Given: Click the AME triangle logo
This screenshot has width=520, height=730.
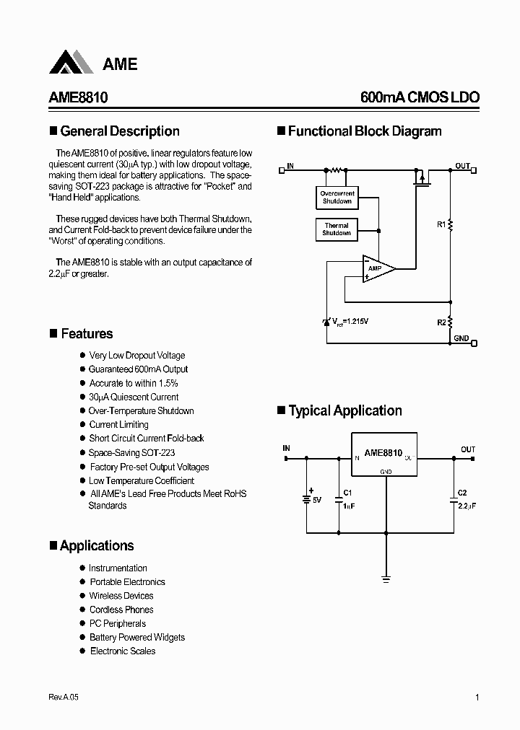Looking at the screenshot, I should point(71,63).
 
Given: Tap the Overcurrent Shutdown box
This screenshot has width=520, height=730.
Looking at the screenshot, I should point(337,198).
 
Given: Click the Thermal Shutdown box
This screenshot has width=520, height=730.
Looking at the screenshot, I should point(337,229).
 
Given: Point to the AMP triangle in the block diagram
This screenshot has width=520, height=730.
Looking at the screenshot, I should point(378,268).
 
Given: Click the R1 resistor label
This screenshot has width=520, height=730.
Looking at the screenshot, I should point(441,225).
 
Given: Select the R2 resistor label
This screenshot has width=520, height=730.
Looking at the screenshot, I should point(441,322).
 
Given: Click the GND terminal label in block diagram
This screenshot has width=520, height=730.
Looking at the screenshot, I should point(461,338).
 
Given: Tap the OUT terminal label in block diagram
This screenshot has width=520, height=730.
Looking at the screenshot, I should point(462,166).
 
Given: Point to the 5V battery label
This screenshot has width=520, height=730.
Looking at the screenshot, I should point(317,499).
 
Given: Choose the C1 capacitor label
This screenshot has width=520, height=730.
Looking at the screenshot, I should point(347,493).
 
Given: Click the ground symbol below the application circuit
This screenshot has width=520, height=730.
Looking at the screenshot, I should point(386,579).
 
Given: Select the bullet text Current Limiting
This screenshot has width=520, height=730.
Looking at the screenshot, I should point(118,425).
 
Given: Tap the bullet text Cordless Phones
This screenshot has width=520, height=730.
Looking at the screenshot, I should point(121,610).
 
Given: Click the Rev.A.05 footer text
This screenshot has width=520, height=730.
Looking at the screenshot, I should point(63,698).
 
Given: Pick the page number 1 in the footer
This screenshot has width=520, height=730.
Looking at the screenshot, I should point(477,698).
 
